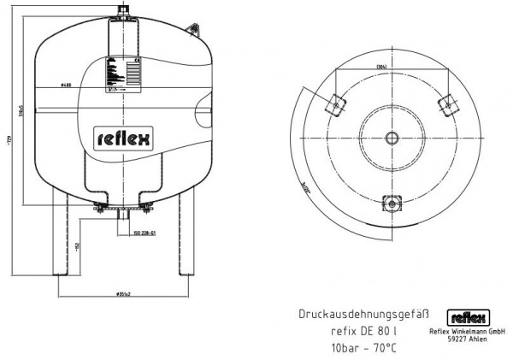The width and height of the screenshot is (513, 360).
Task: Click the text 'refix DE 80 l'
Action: pyautogui.click(x=363, y=332)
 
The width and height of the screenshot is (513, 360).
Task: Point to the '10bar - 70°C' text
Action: pyautogui.click(x=363, y=347)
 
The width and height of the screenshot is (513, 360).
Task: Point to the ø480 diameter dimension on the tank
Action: pyautogui.click(x=65, y=85)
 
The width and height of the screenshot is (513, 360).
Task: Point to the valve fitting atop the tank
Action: pyautogui.click(x=122, y=11)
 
